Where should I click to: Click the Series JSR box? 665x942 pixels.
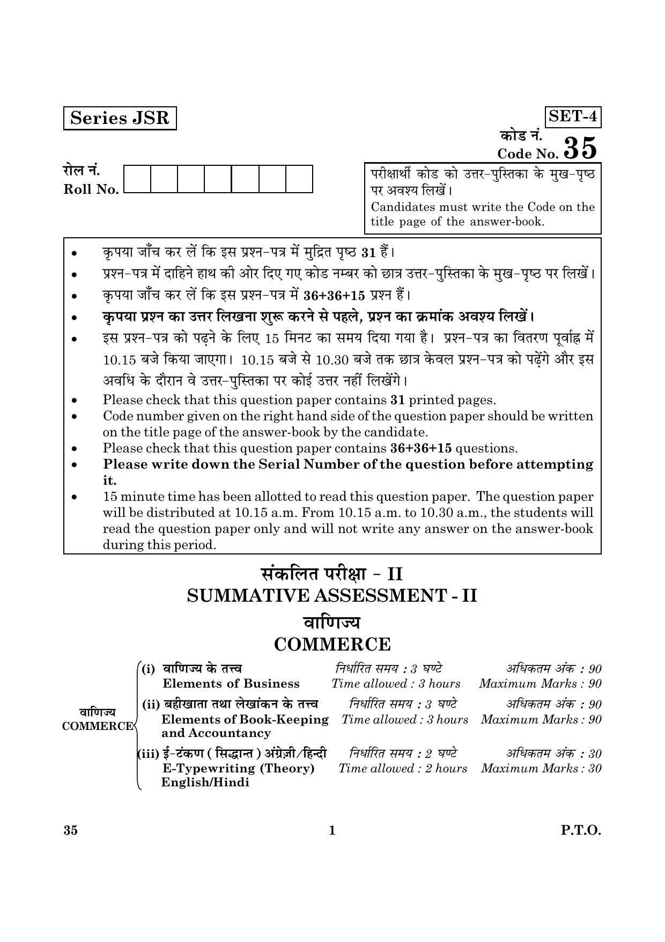tap(120, 118)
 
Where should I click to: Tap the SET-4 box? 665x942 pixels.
tap(573, 116)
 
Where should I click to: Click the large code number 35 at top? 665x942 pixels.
tap(580, 148)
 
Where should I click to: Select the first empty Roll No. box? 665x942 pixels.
tap(137, 179)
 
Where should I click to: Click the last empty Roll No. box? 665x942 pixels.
tap(299, 179)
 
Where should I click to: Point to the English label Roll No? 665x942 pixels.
tap(91, 189)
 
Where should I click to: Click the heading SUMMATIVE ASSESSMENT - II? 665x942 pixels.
tap(332, 596)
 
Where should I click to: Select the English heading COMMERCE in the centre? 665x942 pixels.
tap(332, 644)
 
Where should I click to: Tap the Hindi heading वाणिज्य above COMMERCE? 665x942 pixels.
tap(332, 622)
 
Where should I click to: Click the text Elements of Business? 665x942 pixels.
tap(231, 684)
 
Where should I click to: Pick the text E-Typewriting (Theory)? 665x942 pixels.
tap(238, 768)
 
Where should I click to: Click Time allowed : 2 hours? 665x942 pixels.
tap(403, 769)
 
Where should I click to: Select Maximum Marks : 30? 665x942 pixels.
tap(541, 769)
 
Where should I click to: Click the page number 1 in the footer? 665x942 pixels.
tap(332, 831)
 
